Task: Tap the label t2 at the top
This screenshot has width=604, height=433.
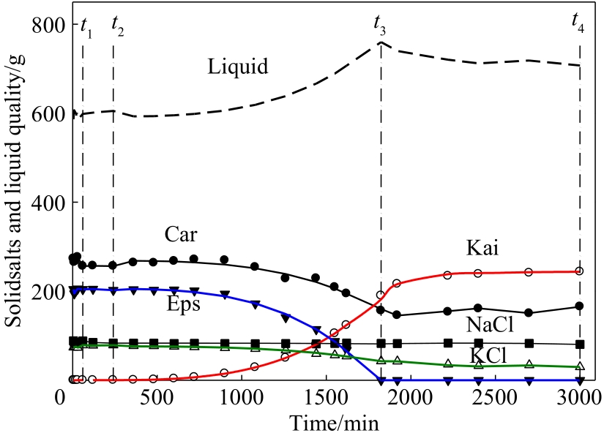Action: tap(117, 23)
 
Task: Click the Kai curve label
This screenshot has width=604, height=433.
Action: tap(482, 248)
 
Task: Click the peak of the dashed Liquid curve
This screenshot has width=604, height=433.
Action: tap(381, 42)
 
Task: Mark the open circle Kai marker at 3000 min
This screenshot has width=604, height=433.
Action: tap(579, 271)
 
